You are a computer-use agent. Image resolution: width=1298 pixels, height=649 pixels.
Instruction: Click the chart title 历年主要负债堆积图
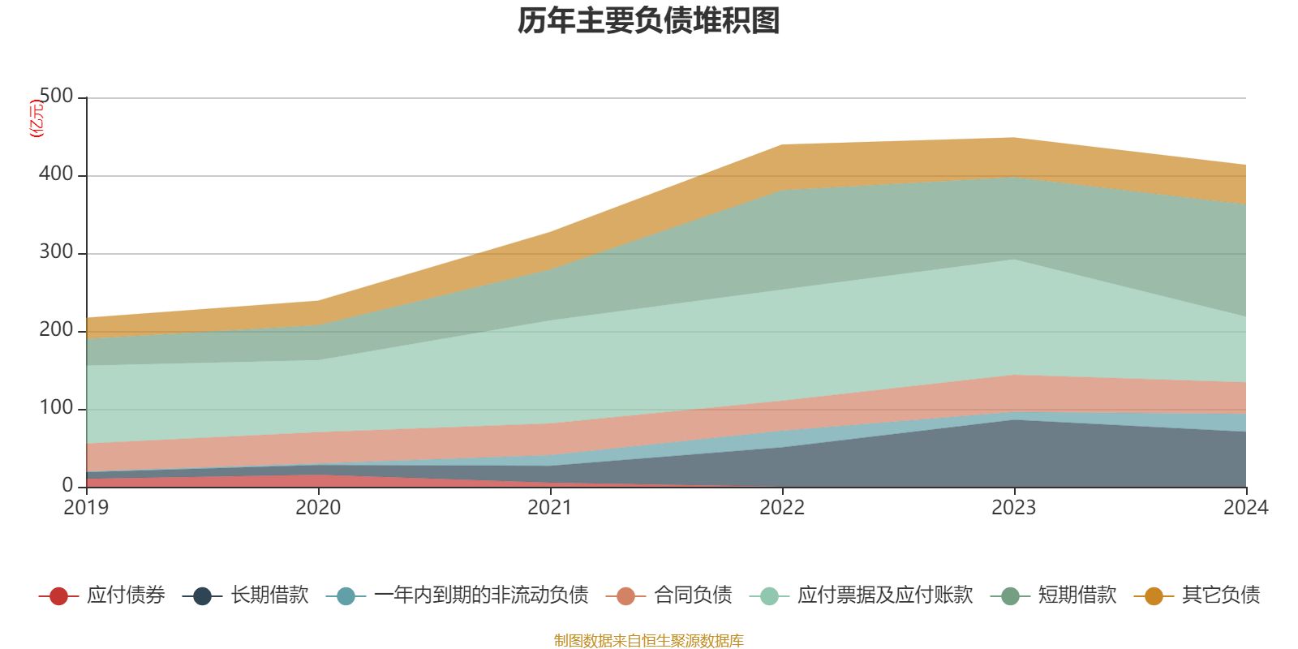[649, 22]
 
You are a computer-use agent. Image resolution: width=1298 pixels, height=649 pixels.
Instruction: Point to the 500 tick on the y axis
[56, 97]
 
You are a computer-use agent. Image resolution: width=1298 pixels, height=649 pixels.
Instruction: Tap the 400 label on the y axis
[56, 174]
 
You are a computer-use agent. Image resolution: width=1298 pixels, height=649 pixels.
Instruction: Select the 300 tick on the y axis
[56, 252]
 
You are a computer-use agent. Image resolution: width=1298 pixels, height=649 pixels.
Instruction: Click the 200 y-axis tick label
[56, 330]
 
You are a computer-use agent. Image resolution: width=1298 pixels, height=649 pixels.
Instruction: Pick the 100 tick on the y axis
[56, 408]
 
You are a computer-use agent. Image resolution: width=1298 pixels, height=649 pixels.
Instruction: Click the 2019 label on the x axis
[86, 508]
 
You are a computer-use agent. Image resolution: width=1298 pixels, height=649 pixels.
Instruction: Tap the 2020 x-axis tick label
[318, 508]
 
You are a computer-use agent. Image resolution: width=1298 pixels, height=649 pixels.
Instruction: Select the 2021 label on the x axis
[550, 508]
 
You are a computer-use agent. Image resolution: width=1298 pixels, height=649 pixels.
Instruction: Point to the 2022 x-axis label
[782, 508]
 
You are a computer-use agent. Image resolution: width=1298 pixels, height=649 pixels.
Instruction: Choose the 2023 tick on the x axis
[1014, 508]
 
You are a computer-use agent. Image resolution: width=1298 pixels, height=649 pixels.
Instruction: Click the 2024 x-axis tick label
[1245, 508]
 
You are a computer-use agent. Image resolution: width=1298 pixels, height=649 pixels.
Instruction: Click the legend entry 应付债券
[126, 595]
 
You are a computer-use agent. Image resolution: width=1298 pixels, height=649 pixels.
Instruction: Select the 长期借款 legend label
[269, 595]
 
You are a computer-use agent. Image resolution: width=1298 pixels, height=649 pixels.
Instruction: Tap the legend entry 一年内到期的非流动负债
[480, 595]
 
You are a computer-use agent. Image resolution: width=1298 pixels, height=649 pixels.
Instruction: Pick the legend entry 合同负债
[693, 595]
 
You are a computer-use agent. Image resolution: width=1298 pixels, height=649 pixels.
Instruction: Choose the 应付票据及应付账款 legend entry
[884, 595]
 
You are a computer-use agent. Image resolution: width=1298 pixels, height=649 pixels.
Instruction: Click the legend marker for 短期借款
[1010, 596]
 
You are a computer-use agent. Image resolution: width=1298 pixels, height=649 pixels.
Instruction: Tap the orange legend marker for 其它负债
[1154, 596]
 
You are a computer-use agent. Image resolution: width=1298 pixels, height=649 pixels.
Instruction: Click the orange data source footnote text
[649, 641]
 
